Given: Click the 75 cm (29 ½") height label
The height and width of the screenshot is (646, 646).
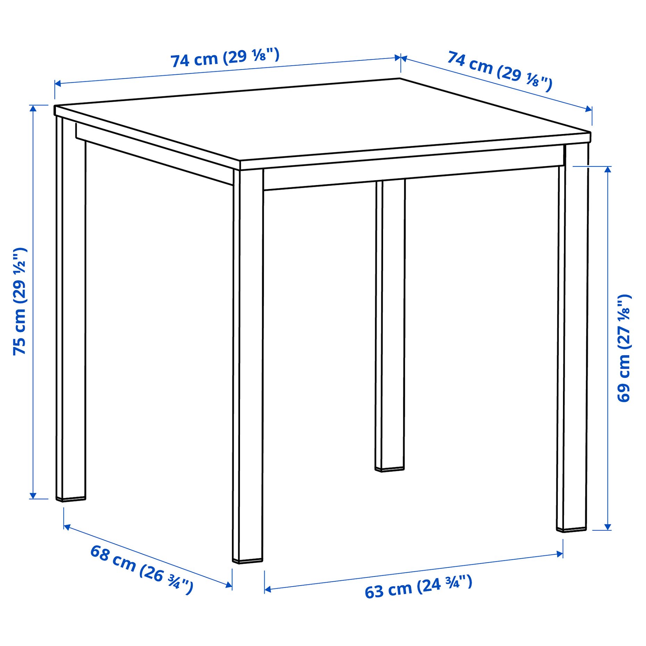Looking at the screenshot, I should pos(19,301).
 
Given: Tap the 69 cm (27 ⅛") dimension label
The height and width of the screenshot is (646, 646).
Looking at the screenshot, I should pos(624,348).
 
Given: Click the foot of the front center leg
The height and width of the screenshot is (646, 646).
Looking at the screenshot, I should pos(247,560).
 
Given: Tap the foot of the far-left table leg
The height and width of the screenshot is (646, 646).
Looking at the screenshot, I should pos(71,499).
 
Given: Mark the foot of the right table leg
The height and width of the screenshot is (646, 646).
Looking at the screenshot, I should pos(571,529).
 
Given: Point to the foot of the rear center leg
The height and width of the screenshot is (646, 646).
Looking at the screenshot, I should pos(390,469).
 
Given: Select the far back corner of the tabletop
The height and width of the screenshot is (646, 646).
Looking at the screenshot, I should pos(400,79).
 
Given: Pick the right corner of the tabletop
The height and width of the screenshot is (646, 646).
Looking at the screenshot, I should pos(590,133).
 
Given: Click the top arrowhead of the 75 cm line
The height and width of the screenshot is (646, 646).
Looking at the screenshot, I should pos(33,108).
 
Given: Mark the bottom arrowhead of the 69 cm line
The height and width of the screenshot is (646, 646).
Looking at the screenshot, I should pos(608,527).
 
